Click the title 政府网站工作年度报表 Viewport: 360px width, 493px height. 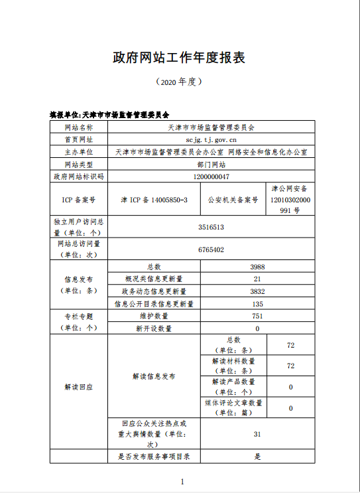180,58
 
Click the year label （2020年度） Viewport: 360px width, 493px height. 179,82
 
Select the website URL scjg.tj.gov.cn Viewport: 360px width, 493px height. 211,139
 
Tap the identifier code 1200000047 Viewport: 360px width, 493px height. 211,176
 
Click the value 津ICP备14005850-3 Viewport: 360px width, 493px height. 154,199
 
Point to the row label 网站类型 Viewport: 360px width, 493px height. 79,164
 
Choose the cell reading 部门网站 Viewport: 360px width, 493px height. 211,164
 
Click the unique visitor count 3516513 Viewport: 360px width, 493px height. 211,227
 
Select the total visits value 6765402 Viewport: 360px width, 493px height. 211,249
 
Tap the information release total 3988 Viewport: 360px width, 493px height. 258,267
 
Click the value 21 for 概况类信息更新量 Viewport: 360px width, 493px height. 258,279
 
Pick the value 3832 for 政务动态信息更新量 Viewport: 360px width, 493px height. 258,291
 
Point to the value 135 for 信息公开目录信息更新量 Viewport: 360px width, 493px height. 258,304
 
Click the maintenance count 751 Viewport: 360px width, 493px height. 258,317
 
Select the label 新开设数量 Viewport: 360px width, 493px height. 154,328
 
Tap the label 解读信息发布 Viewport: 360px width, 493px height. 154,376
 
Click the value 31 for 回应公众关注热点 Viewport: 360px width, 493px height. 258,434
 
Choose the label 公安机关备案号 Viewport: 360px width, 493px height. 233,199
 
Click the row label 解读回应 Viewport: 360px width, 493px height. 79,386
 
